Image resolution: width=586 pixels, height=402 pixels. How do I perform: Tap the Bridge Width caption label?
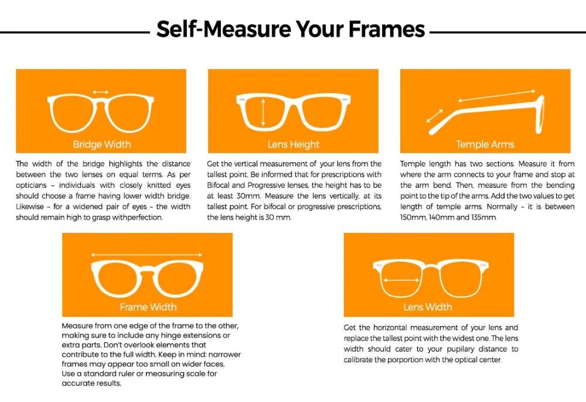101,145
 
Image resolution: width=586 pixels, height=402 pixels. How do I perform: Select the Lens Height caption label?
294,145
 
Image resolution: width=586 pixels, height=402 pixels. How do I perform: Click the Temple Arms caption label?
485,145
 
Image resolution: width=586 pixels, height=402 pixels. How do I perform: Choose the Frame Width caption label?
148,307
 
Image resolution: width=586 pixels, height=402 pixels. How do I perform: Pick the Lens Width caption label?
428,307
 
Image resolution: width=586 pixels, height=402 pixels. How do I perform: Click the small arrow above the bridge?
101,92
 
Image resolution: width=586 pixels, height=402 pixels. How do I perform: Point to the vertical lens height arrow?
263,112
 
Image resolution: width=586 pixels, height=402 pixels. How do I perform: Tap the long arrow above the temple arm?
497,95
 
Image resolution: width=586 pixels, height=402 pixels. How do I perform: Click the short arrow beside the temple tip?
435,116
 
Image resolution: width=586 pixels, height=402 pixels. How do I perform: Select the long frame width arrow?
146,255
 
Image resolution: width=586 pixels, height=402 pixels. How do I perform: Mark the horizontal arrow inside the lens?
401,280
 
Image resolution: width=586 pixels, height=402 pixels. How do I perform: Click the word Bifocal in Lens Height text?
219,185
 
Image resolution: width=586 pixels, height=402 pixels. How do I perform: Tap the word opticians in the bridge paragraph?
31,185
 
